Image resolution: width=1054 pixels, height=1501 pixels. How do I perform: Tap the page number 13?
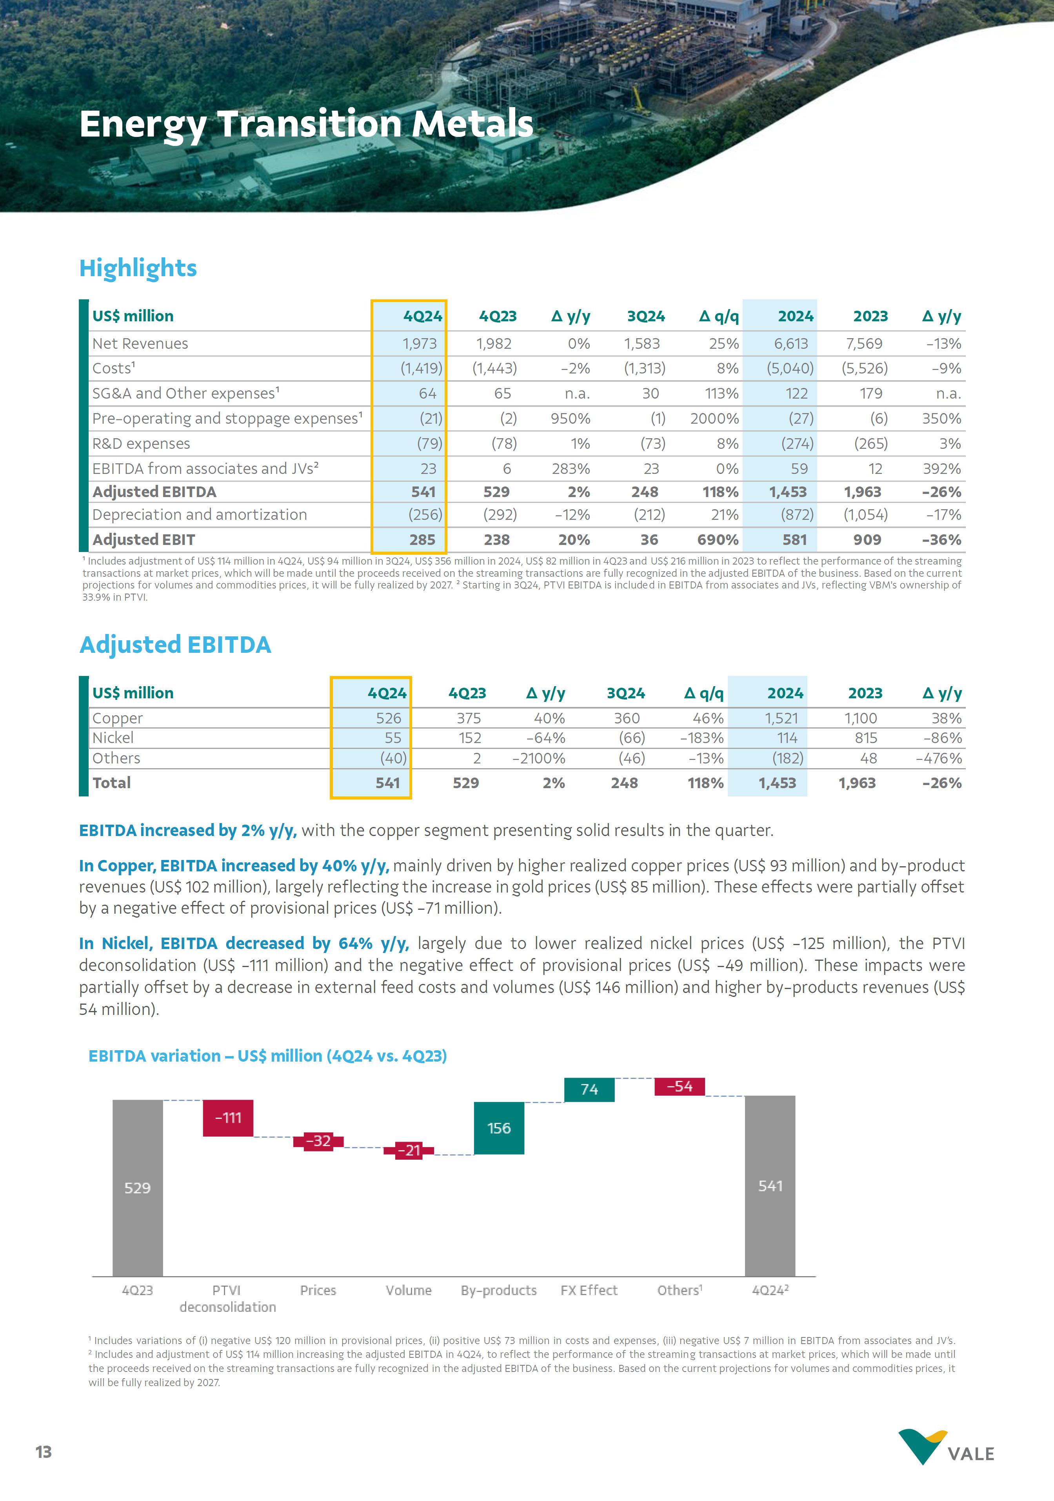[43, 1452]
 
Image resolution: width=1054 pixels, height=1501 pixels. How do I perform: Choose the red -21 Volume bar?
[409, 1151]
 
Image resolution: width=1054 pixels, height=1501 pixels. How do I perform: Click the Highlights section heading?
[138, 268]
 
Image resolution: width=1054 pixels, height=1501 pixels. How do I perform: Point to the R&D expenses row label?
[141, 444]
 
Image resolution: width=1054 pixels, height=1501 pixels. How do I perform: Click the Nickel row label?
[113, 738]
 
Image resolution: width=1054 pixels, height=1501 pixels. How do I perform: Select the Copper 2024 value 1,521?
[781, 718]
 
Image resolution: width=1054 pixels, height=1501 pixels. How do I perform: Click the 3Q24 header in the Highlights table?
[645, 317]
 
